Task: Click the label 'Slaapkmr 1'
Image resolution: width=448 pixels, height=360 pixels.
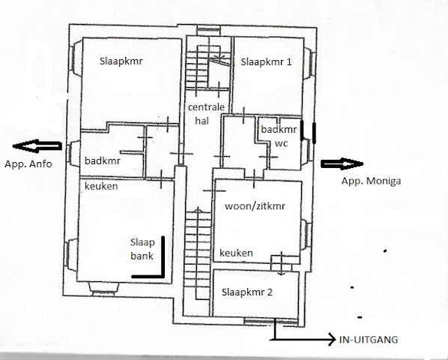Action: click(x=266, y=62)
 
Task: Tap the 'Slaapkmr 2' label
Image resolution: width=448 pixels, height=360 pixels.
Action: click(x=247, y=292)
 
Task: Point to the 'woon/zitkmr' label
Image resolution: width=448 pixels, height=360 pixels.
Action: click(x=255, y=206)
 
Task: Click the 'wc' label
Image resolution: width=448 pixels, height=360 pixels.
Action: click(x=281, y=143)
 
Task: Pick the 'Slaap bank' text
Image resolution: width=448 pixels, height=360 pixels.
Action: click(x=142, y=249)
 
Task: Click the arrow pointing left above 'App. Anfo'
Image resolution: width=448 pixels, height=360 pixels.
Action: click(x=37, y=145)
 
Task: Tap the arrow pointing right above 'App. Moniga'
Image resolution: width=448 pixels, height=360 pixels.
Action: click(x=342, y=163)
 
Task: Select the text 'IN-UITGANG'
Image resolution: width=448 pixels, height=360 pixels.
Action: click(x=369, y=340)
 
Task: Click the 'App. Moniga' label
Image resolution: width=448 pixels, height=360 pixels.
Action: click(x=371, y=181)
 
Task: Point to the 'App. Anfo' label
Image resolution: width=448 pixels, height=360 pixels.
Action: click(x=28, y=164)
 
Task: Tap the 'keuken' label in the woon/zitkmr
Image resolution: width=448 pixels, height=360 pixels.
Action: click(x=236, y=253)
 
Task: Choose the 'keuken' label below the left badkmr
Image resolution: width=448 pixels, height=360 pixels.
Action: click(x=101, y=186)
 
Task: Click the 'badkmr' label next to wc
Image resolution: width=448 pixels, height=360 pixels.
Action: click(x=279, y=129)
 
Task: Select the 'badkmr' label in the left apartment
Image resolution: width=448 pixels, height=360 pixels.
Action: click(x=103, y=160)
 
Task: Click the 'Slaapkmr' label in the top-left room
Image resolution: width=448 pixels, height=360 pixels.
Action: click(x=121, y=61)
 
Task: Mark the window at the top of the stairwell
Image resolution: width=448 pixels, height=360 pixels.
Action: click(x=209, y=31)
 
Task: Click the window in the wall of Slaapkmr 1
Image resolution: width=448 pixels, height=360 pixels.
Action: click(x=309, y=63)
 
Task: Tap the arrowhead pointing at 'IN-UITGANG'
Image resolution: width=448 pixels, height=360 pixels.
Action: click(x=332, y=340)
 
